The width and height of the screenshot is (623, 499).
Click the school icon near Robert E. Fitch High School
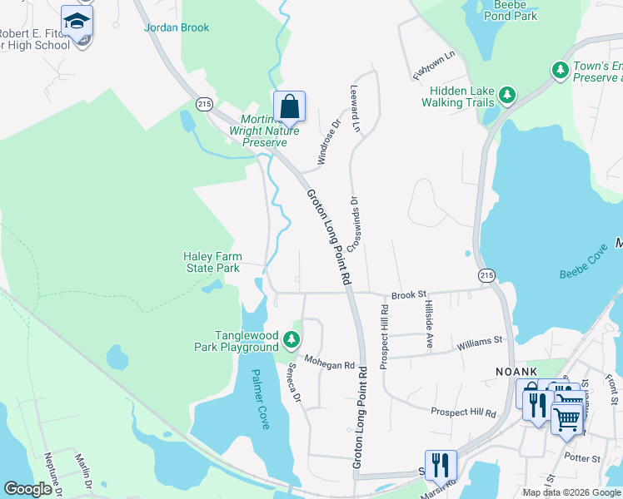coord(77,22)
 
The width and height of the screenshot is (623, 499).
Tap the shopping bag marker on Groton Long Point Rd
coord(289,107)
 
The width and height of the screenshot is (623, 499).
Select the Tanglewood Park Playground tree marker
coord(291,338)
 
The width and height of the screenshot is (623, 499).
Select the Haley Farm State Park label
coord(212,262)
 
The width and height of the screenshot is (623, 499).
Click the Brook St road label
coord(408,294)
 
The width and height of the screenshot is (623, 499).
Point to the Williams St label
coord(479,341)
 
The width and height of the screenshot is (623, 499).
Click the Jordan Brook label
coord(177,27)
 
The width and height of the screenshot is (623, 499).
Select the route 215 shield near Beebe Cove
coord(488,274)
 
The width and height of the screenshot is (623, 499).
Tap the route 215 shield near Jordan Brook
coord(204,102)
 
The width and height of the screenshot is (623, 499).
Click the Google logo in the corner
coord(27,489)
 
